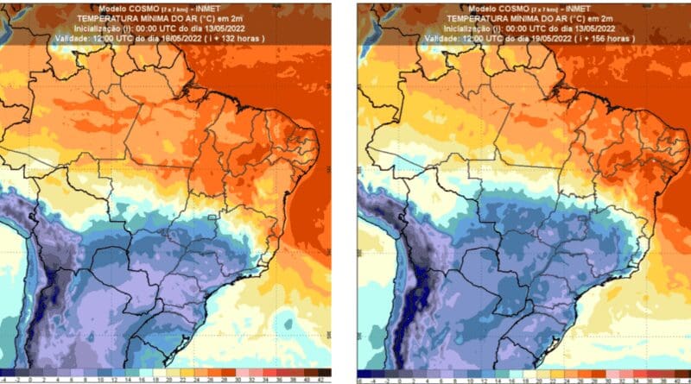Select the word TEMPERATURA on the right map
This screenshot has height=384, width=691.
pos(461,16)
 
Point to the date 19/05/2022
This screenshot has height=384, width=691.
pos(536,39)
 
